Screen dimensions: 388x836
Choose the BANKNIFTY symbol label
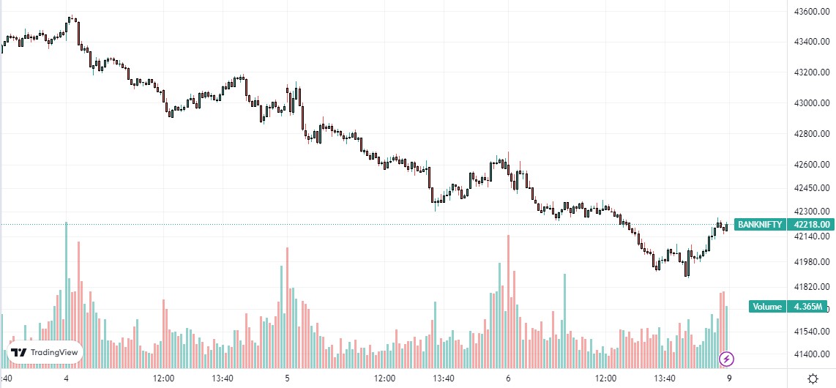760,225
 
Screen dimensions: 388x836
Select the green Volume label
767,307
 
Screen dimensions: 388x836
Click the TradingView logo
45,353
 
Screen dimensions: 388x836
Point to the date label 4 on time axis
67,378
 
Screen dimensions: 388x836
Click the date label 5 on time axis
287,378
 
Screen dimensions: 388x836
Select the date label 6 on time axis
508,378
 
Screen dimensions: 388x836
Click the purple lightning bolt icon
727,359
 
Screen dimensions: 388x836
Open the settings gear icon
813,378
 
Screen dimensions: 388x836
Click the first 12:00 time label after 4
163,378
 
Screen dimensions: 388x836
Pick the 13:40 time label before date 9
665,378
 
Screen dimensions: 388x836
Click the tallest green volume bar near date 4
67,293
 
